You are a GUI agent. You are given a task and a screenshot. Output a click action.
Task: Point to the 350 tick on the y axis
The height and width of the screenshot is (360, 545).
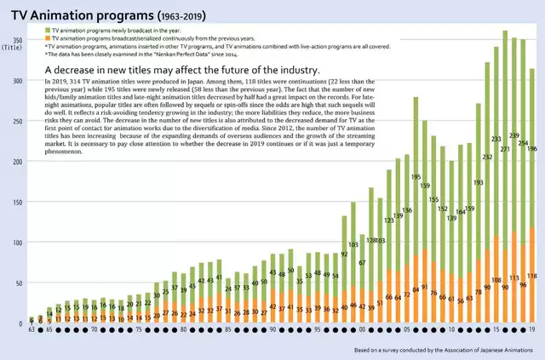click(x=17, y=40)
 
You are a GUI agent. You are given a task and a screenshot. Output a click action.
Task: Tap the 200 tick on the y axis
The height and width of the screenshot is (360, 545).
click(x=17, y=162)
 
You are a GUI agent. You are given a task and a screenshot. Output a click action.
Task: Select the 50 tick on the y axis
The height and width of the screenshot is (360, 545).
click(x=19, y=283)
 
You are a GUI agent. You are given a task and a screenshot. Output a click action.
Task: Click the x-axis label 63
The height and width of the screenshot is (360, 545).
click(x=31, y=329)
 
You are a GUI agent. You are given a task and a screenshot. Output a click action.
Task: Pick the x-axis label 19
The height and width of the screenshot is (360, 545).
click(x=531, y=329)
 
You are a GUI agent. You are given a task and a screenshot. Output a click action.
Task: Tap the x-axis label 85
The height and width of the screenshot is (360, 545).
click(x=228, y=329)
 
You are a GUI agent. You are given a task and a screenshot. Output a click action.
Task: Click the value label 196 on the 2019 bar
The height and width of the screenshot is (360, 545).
click(x=532, y=149)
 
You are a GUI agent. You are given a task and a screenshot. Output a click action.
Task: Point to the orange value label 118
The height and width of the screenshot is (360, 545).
click(x=532, y=277)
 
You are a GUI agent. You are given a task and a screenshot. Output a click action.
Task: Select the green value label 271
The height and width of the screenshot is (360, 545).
click(x=505, y=150)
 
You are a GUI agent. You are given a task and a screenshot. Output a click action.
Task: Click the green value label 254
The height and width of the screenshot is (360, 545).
click(x=523, y=143)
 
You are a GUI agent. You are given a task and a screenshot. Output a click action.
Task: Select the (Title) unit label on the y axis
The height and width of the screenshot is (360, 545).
click(x=14, y=49)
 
